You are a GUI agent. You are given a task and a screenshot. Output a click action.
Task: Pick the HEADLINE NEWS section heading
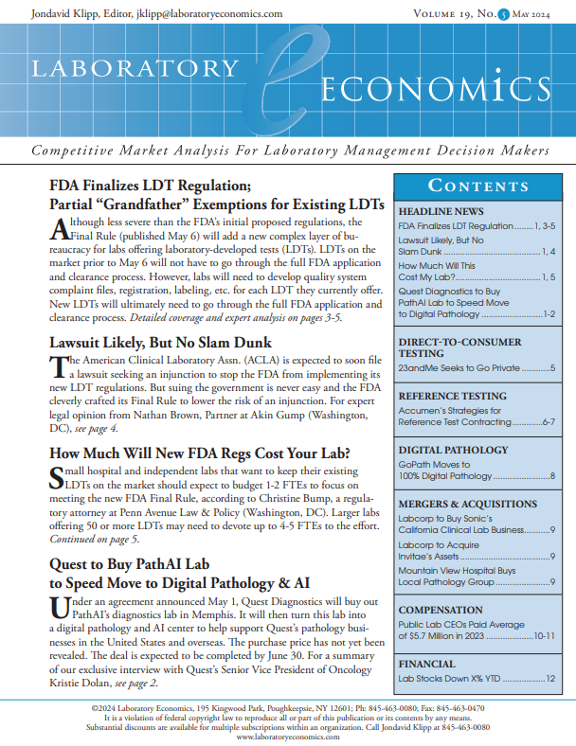(441, 211)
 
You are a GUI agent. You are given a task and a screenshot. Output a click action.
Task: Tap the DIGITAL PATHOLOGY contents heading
(454, 451)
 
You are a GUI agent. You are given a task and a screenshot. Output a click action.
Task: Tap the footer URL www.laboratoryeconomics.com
(288, 737)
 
